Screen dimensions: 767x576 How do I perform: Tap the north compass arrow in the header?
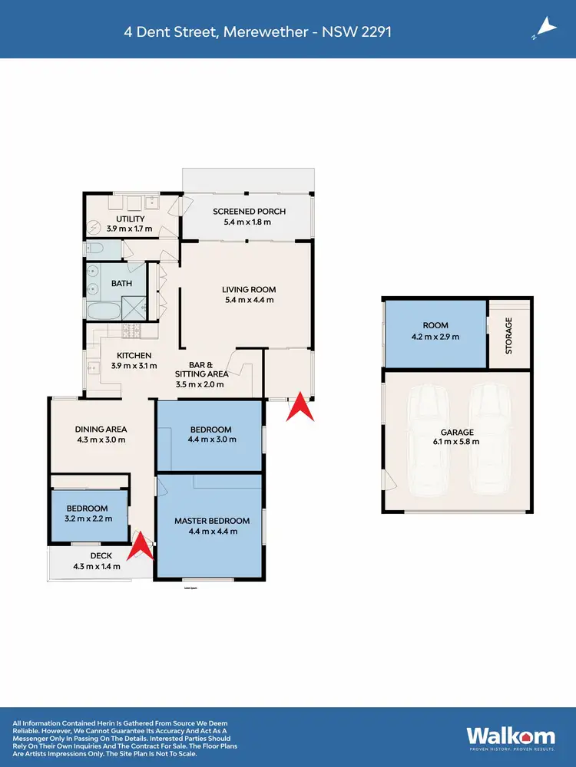click(x=545, y=28)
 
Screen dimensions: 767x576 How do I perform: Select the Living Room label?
click(x=248, y=289)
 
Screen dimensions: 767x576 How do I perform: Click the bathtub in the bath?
click(x=101, y=311)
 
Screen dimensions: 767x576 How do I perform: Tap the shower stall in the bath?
click(x=136, y=311)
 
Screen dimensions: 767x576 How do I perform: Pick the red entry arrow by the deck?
click(x=141, y=547)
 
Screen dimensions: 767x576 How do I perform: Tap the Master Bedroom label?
click(x=212, y=522)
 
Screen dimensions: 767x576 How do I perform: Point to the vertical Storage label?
click(x=508, y=335)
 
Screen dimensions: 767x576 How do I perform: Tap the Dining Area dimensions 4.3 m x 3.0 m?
click(x=100, y=440)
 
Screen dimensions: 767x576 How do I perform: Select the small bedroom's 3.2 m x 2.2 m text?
click(x=88, y=518)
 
